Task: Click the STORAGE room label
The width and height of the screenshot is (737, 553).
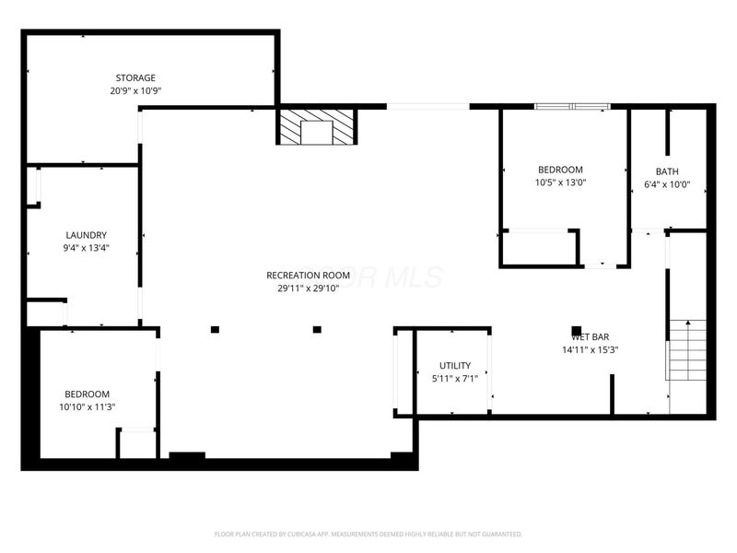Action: tap(135, 77)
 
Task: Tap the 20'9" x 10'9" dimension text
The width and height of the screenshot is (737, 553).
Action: tap(135, 90)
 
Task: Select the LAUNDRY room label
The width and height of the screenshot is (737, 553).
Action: tap(86, 235)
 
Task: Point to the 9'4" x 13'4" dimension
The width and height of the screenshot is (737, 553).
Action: tap(86, 248)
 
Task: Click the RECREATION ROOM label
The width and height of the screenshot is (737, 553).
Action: tap(308, 275)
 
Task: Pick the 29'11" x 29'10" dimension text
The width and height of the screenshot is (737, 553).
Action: tap(308, 288)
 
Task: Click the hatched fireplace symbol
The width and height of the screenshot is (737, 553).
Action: tap(317, 127)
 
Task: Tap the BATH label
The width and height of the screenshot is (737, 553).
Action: tap(667, 171)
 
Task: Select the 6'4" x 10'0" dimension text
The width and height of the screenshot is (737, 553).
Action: tap(667, 184)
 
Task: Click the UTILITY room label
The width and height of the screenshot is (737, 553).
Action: tap(455, 366)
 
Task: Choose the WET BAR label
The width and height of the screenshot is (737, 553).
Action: tap(590, 337)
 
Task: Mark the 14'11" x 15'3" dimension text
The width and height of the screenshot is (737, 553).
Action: tap(590, 350)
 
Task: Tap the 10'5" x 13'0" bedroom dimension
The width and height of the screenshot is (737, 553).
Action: tap(560, 182)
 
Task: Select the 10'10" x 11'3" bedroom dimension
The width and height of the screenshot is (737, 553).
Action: tap(86, 406)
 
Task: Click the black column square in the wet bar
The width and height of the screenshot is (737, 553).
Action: tap(577, 331)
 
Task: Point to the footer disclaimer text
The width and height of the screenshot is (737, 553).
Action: tap(368, 534)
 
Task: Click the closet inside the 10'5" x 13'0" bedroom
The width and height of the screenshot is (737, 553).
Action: tap(539, 247)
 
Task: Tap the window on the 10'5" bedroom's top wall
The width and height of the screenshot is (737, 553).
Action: tap(573, 107)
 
